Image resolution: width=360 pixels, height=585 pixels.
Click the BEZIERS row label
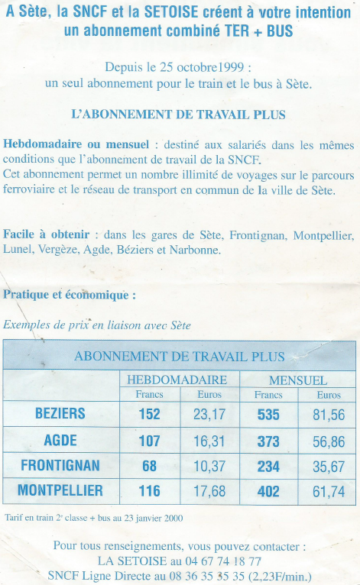click(60, 414)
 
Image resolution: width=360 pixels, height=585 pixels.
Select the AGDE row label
click(60, 440)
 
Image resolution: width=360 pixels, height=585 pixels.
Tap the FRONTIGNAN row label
click(60, 465)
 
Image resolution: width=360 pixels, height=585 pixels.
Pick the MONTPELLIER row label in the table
click(60, 491)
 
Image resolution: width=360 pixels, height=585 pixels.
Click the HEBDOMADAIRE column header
click(177, 380)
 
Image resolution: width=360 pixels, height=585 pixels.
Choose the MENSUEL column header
click(298, 380)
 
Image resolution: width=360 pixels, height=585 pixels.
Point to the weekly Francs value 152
click(149, 415)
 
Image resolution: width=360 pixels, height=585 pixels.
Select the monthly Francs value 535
click(268, 415)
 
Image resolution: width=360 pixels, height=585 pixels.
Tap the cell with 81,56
click(329, 415)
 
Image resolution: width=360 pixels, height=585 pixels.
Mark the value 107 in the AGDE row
click(149, 441)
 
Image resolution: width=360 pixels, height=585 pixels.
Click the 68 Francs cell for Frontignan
click(150, 466)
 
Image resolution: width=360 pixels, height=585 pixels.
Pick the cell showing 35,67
click(329, 466)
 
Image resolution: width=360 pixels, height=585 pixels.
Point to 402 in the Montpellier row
click(268, 492)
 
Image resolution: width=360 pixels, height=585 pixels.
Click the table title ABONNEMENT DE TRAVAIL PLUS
click(180, 357)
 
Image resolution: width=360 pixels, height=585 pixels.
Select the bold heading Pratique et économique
click(70, 294)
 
